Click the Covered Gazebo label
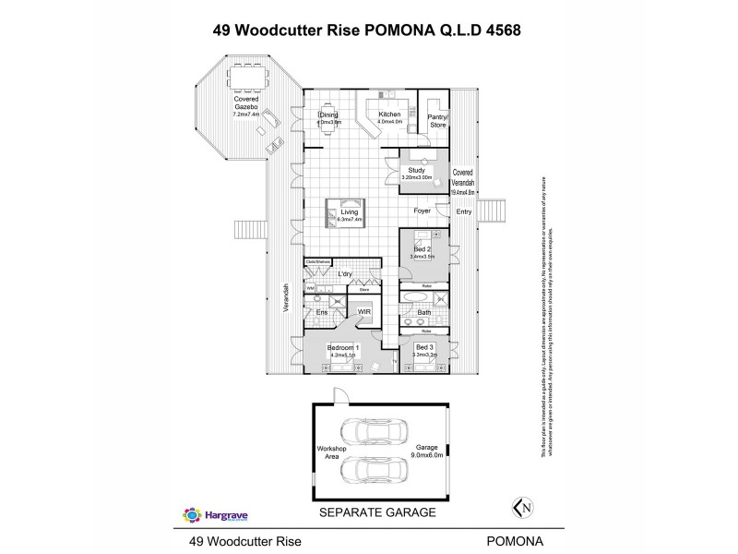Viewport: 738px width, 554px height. (245, 102)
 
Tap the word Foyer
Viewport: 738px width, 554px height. (423, 211)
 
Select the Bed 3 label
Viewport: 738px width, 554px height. (424, 347)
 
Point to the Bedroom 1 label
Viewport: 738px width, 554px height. (342, 349)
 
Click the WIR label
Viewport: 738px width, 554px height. (364, 313)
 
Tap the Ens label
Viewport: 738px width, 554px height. (322, 313)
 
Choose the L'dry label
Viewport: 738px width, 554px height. (346, 274)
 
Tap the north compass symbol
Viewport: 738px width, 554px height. (522, 507)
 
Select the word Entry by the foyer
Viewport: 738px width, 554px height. (463, 212)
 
